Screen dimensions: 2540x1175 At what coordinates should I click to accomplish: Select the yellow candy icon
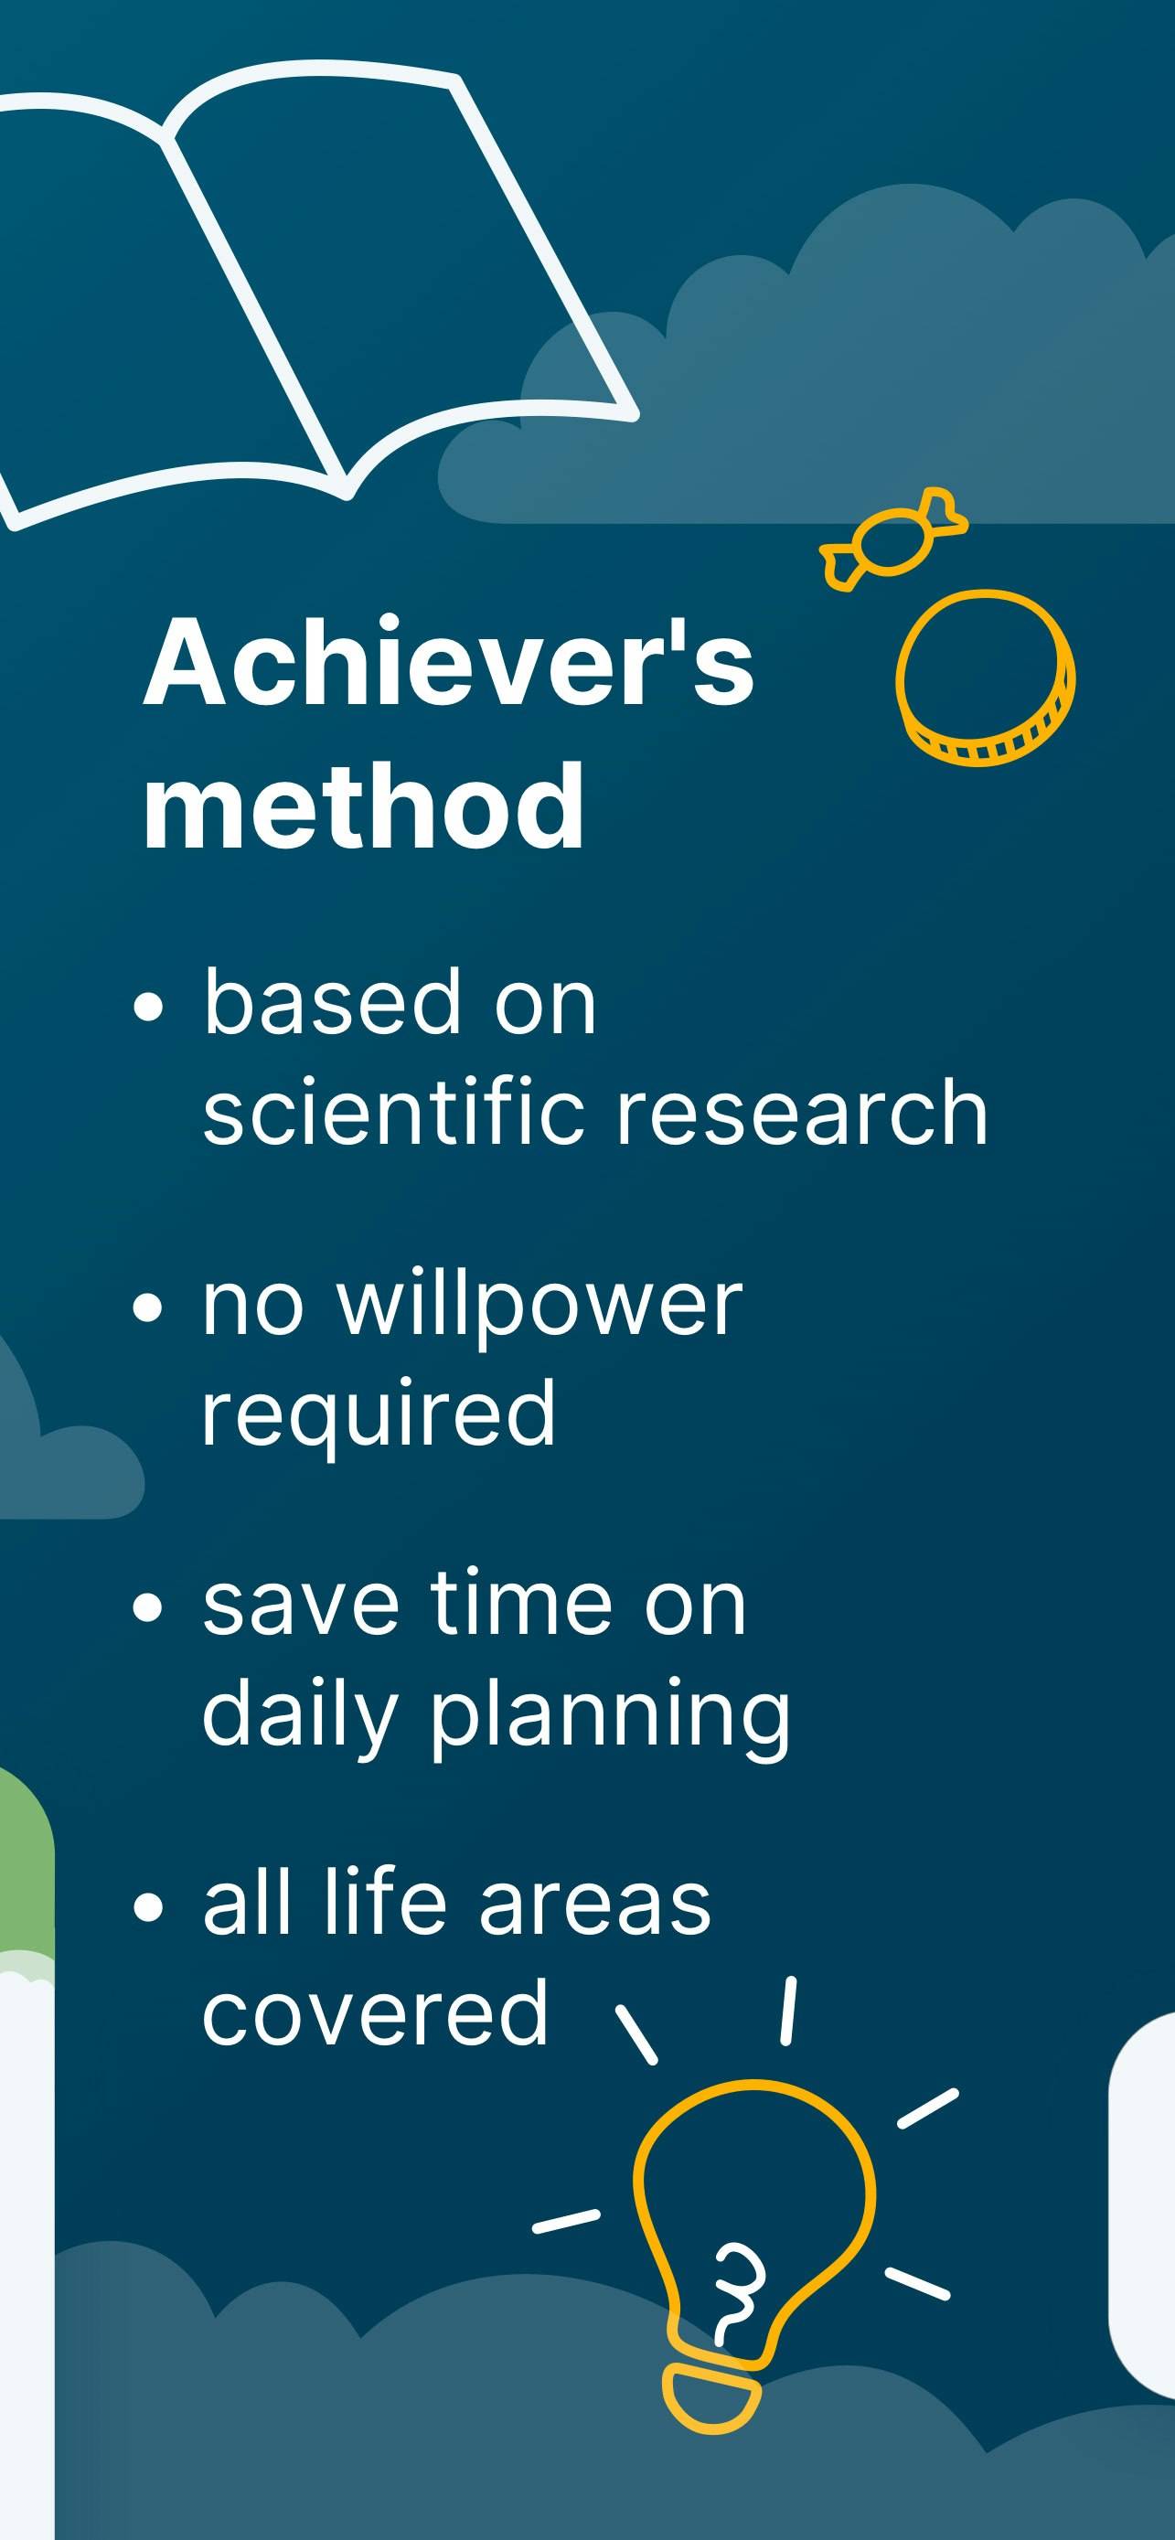click(x=893, y=539)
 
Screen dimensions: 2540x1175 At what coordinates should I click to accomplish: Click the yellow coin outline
click(x=984, y=678)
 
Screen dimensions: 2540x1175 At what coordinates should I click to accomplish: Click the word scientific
click(x=394, y=1112)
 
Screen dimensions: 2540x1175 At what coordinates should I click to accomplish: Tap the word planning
click(x=610, y=1715)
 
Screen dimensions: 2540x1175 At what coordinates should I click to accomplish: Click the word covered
click(x=375, y=2012)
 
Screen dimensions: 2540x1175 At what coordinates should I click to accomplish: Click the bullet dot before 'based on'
click(x=148, y=1008)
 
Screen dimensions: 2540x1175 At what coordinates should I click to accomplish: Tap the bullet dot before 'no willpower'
click(x=148, y=1307)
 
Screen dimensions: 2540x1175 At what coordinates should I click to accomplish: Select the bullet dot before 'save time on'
click(x=148, y=1608)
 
